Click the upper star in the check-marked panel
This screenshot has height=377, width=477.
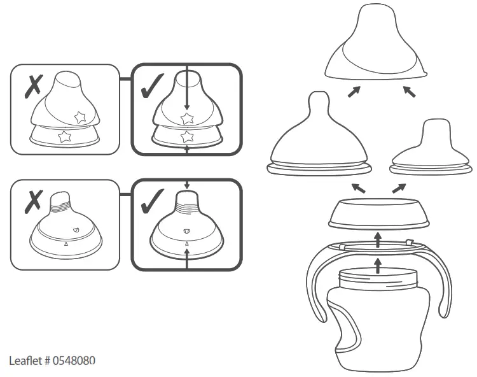(186, 118)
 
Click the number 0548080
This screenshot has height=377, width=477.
(73, 360)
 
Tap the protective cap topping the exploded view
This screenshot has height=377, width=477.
(375, 51)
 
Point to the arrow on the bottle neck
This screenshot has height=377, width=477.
(378, 264)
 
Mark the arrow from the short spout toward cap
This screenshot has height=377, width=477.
(409, 92)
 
